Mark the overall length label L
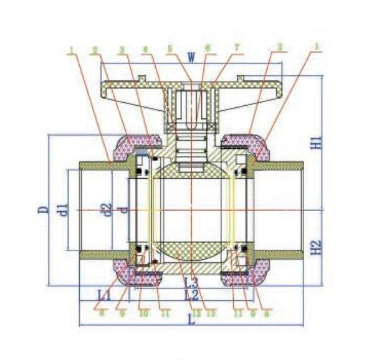pos(192,321)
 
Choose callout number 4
pos(145,48)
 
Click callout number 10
pos(143,313)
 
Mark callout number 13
pos(211,313)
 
